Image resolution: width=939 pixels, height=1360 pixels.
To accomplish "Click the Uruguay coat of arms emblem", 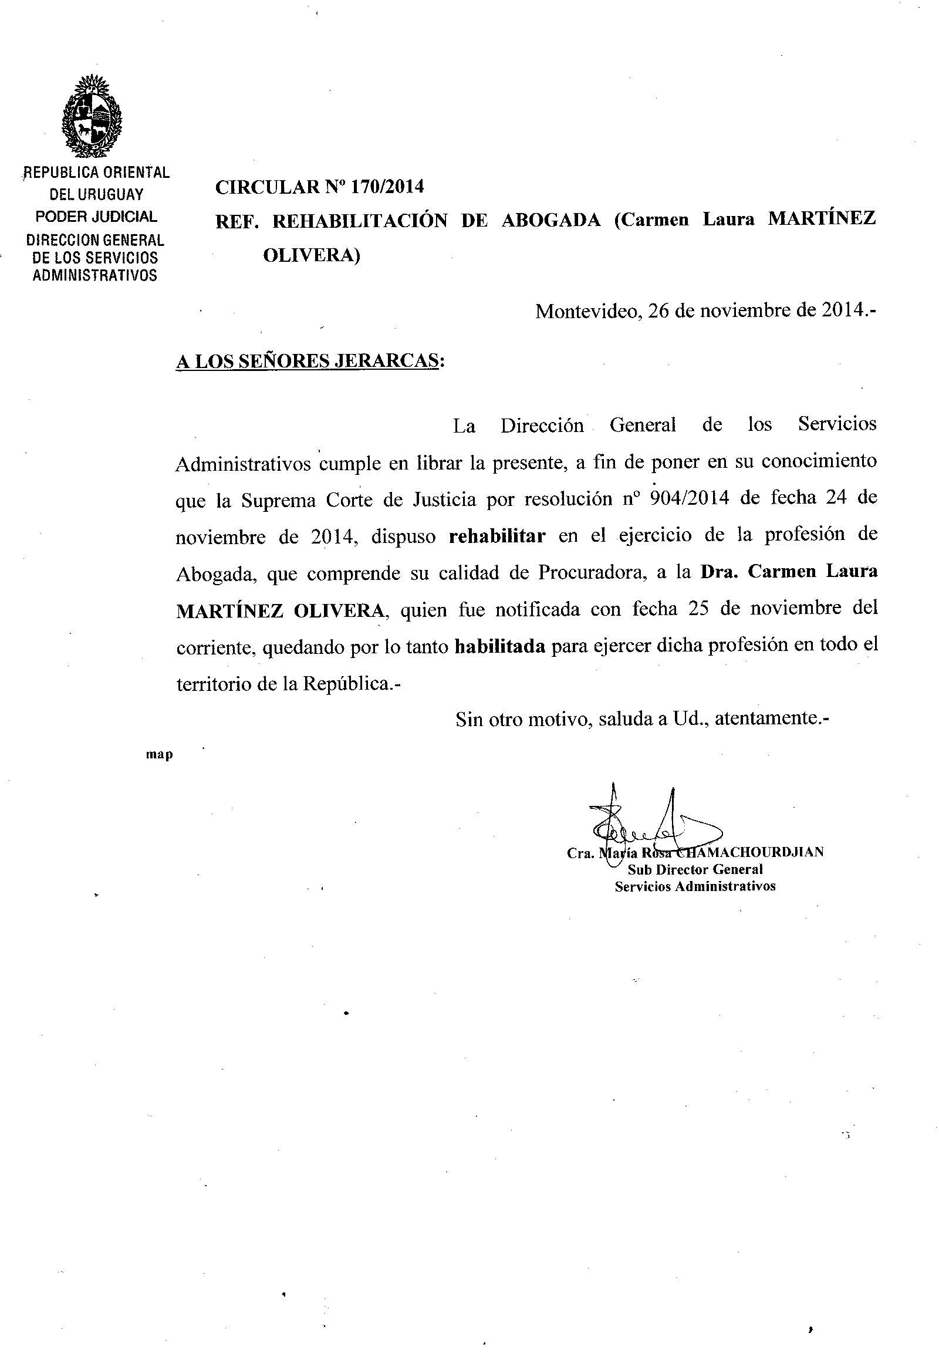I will click(92, 117).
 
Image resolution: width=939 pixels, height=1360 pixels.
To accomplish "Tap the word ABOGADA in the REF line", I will click(550, 220).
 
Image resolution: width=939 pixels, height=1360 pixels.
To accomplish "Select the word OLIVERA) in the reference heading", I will click(311, 255).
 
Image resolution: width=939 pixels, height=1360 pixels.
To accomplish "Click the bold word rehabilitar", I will click(497, 536).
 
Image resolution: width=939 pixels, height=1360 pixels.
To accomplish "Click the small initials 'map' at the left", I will click(160, 755).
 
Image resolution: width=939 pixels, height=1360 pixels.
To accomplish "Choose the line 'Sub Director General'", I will click(695, 869).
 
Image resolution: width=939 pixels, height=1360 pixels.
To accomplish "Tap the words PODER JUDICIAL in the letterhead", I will click(96, 217).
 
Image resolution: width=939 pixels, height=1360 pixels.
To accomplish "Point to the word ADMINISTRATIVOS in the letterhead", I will click(94, 275).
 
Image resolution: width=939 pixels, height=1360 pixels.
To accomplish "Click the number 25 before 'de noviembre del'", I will click(698, 609).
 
